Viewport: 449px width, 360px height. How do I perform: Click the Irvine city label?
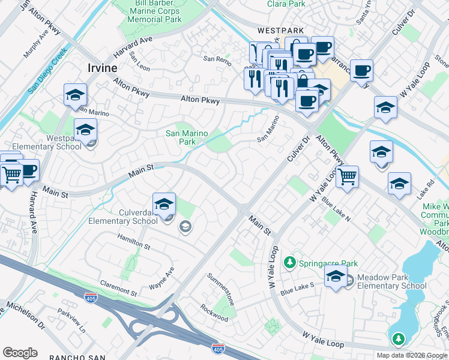(x=103, y=67)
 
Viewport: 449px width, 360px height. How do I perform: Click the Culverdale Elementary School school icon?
(x=164, y=205)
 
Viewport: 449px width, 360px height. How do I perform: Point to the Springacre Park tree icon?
(x=290, y=263)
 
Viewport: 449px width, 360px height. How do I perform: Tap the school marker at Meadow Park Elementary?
(x=336, y=277)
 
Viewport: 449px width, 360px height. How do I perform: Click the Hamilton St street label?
(x=133, y=243)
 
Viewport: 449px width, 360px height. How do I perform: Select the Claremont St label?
(x=118, y=289)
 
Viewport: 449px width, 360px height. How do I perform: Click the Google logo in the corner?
(x=20, y=353)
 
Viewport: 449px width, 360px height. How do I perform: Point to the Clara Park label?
(x=286, y=4)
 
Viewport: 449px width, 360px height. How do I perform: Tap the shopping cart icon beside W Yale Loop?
(x=347, y=177)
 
